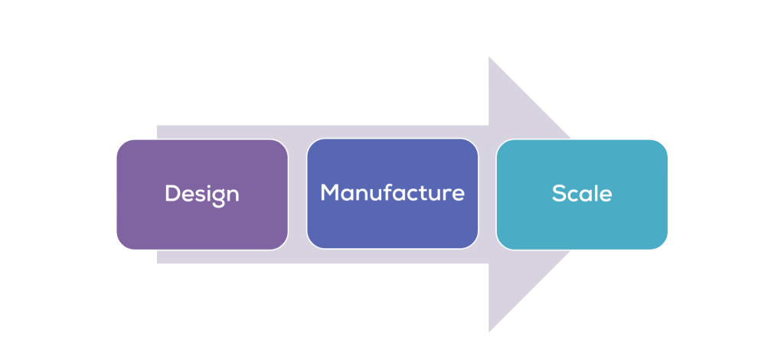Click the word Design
[202, 194]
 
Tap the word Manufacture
[392, 192]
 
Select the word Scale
[582, 194]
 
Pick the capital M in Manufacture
[329, 192]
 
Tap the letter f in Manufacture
[397, 191]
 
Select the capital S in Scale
[558, 194]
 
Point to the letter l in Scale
[595, 193]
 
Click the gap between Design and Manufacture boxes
[297, 194]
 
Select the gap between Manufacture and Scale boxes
[487, 194]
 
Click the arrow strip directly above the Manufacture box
[392, 131]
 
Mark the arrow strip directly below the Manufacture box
[392, 257]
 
